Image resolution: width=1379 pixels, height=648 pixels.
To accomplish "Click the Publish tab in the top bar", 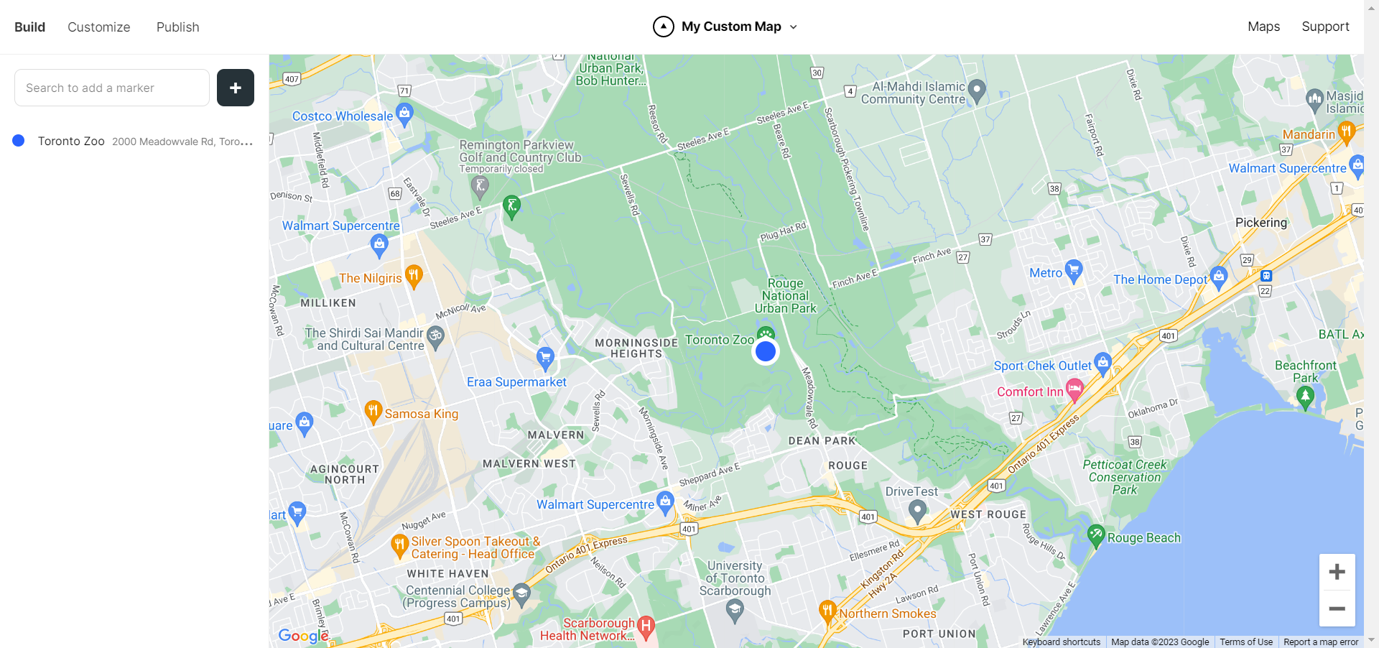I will [177, 27].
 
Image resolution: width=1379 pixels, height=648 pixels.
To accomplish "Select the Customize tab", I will [99, 27].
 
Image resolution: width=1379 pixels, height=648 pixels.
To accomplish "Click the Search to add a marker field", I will [112, 88].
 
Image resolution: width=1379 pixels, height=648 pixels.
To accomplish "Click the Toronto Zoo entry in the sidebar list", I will [71, 142].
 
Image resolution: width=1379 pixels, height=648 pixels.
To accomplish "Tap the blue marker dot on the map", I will [766, 351].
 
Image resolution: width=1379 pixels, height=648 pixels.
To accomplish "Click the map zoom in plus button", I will [1337, 572].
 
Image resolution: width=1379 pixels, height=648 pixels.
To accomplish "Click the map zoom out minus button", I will [1337, 608].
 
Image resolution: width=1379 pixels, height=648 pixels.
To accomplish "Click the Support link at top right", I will [1325, 27].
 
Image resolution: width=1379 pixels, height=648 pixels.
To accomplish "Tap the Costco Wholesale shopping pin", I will [404, 114].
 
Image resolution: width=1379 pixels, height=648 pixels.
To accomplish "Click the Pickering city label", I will [1260, 223].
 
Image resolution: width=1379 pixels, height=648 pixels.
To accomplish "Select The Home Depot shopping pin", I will [1218, 277].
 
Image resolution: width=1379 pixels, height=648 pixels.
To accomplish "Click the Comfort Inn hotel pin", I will [1074, 390].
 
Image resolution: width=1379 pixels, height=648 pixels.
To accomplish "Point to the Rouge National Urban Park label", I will [785, 296].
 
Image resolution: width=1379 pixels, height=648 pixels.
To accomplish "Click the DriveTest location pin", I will [916, 511].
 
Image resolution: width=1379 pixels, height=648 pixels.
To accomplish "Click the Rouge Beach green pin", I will [1095, 535].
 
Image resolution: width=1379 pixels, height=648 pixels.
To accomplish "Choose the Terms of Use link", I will [1245, 642].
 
